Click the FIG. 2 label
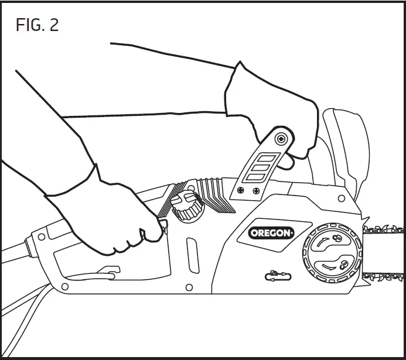[x=37, y=25]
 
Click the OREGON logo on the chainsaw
[x=271, y=232]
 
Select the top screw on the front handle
[x=282, y=139]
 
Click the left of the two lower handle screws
[x=241, y=190]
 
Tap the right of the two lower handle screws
[x=256, y=191]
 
